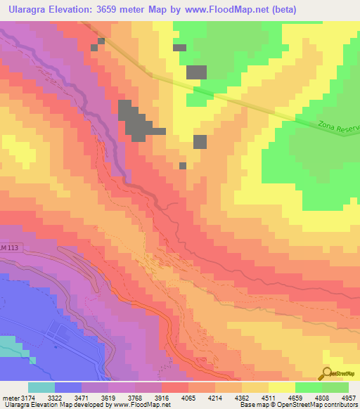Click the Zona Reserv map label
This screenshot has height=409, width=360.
point(337,127)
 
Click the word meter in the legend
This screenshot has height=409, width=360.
point(11,397)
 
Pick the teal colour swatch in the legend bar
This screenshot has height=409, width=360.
point(41,387)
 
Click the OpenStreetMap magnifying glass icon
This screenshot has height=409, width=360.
point(326,372)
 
